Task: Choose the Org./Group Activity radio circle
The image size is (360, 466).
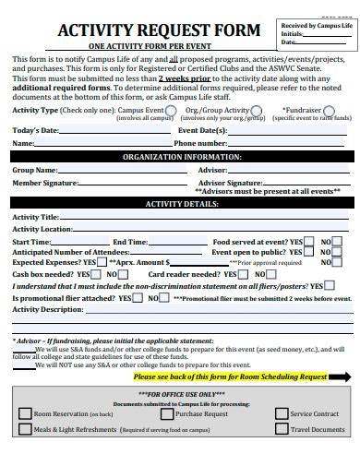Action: [x=256, y=110]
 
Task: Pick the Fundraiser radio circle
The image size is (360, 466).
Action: [x=330, y=110]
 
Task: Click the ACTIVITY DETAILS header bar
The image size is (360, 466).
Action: [x=180, y=204]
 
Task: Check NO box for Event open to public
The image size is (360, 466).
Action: [x=339, y=251]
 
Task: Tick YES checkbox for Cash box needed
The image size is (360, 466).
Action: [x=97, y=274]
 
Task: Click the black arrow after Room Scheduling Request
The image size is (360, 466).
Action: [x=340, y=376]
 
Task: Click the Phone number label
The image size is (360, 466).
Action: [x=199, y=143]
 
